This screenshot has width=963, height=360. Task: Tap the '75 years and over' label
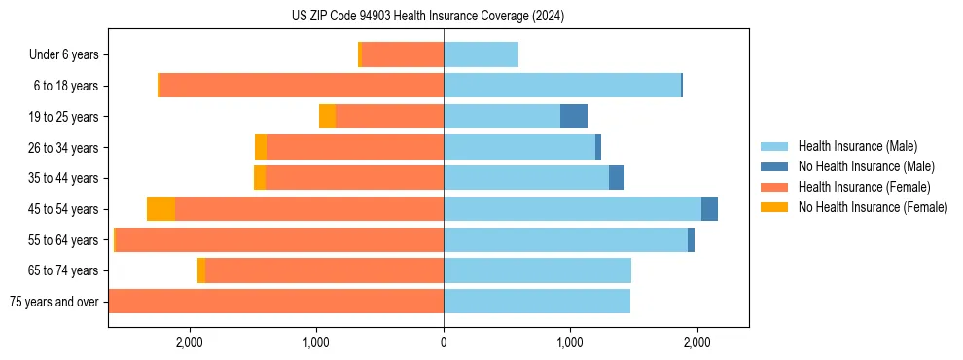[54, 302]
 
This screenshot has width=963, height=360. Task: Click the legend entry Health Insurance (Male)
[856, 146]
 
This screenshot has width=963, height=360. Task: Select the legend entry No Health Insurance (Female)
[873, 207]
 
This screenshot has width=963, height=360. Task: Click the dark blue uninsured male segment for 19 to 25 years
[574, 116]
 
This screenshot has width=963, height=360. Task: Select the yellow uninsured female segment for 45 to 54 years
[160, 209]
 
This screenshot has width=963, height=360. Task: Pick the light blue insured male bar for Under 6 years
[481, 54]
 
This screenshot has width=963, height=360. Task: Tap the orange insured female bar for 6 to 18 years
[302, 86]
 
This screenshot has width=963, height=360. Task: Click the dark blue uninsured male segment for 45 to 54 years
[709, 209]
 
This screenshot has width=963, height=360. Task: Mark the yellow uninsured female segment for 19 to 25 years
[327, 116]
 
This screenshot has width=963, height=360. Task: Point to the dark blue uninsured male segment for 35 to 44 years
[617, 178]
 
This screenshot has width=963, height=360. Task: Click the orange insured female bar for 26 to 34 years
[355, 147]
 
